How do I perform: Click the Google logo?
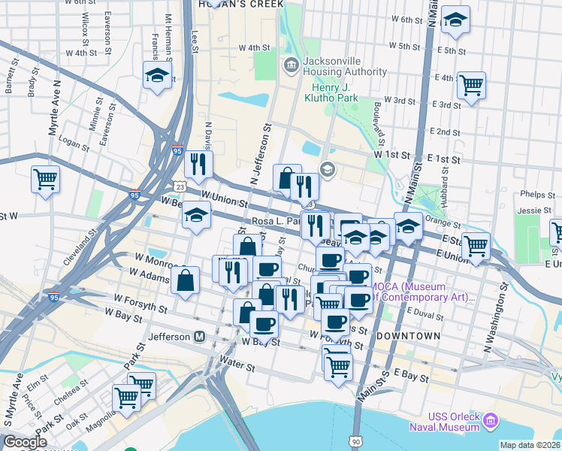pyautogui.click(x=25, y=442)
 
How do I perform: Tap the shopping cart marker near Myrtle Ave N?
pyautogui.click(x=46, y=180)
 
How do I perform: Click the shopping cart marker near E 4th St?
pyautogui.click(x=471, y=86)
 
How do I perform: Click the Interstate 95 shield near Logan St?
pyautogui.click(x=177, y=150)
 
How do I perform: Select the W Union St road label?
pyautogui.click(x=224, y=202)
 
